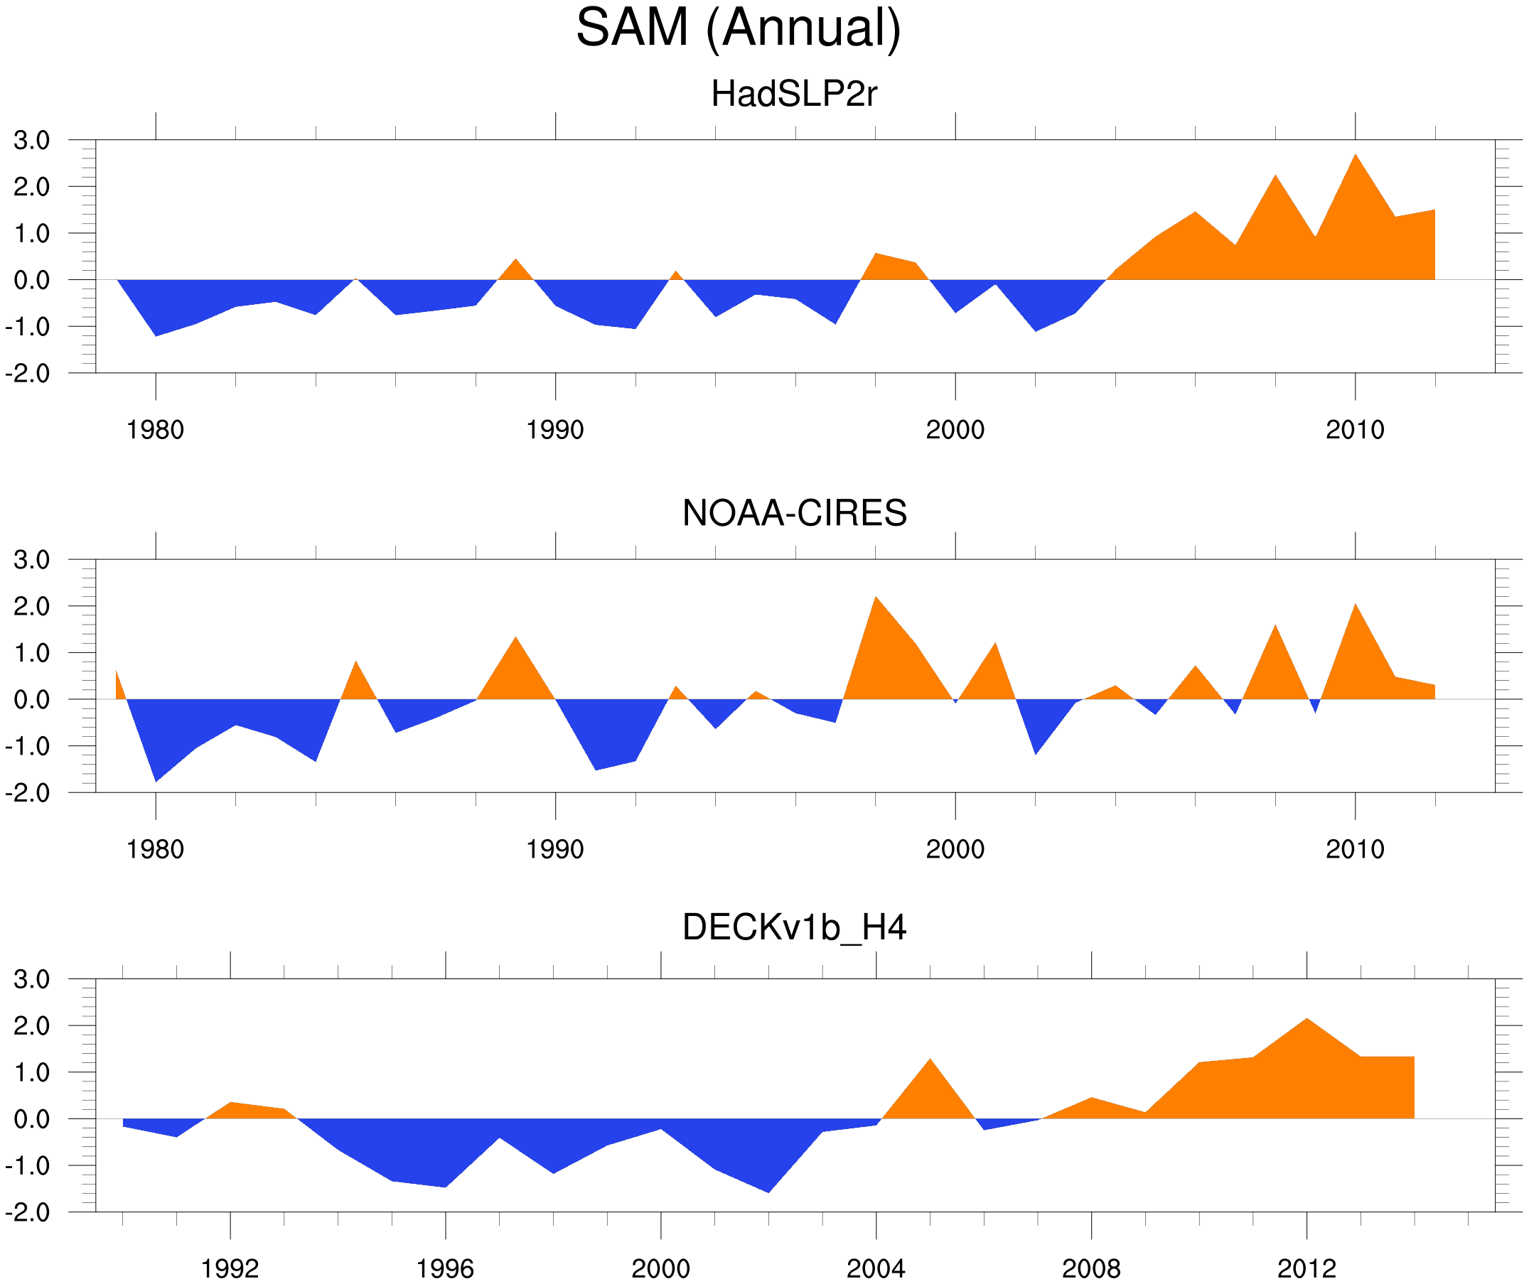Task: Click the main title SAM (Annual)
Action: [x=739, y=28]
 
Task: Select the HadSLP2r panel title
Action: [x=793, y=94]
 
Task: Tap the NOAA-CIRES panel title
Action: [x=793, y=513]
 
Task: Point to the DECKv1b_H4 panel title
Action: [x=793, y=928]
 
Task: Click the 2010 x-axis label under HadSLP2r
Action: [x=1354, y=430]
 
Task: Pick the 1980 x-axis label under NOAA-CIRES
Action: [x=155, y=849]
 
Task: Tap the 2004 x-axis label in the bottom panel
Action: [x=875, y=1268]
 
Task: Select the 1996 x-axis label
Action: [x=445, y=1268]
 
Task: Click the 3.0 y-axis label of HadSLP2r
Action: [x=32, y=141]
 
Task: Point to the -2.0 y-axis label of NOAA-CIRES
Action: [x=28, y=793]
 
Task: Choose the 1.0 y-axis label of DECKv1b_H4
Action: [x=32, y=1073]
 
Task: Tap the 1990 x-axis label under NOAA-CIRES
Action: [x=555, y=849]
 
